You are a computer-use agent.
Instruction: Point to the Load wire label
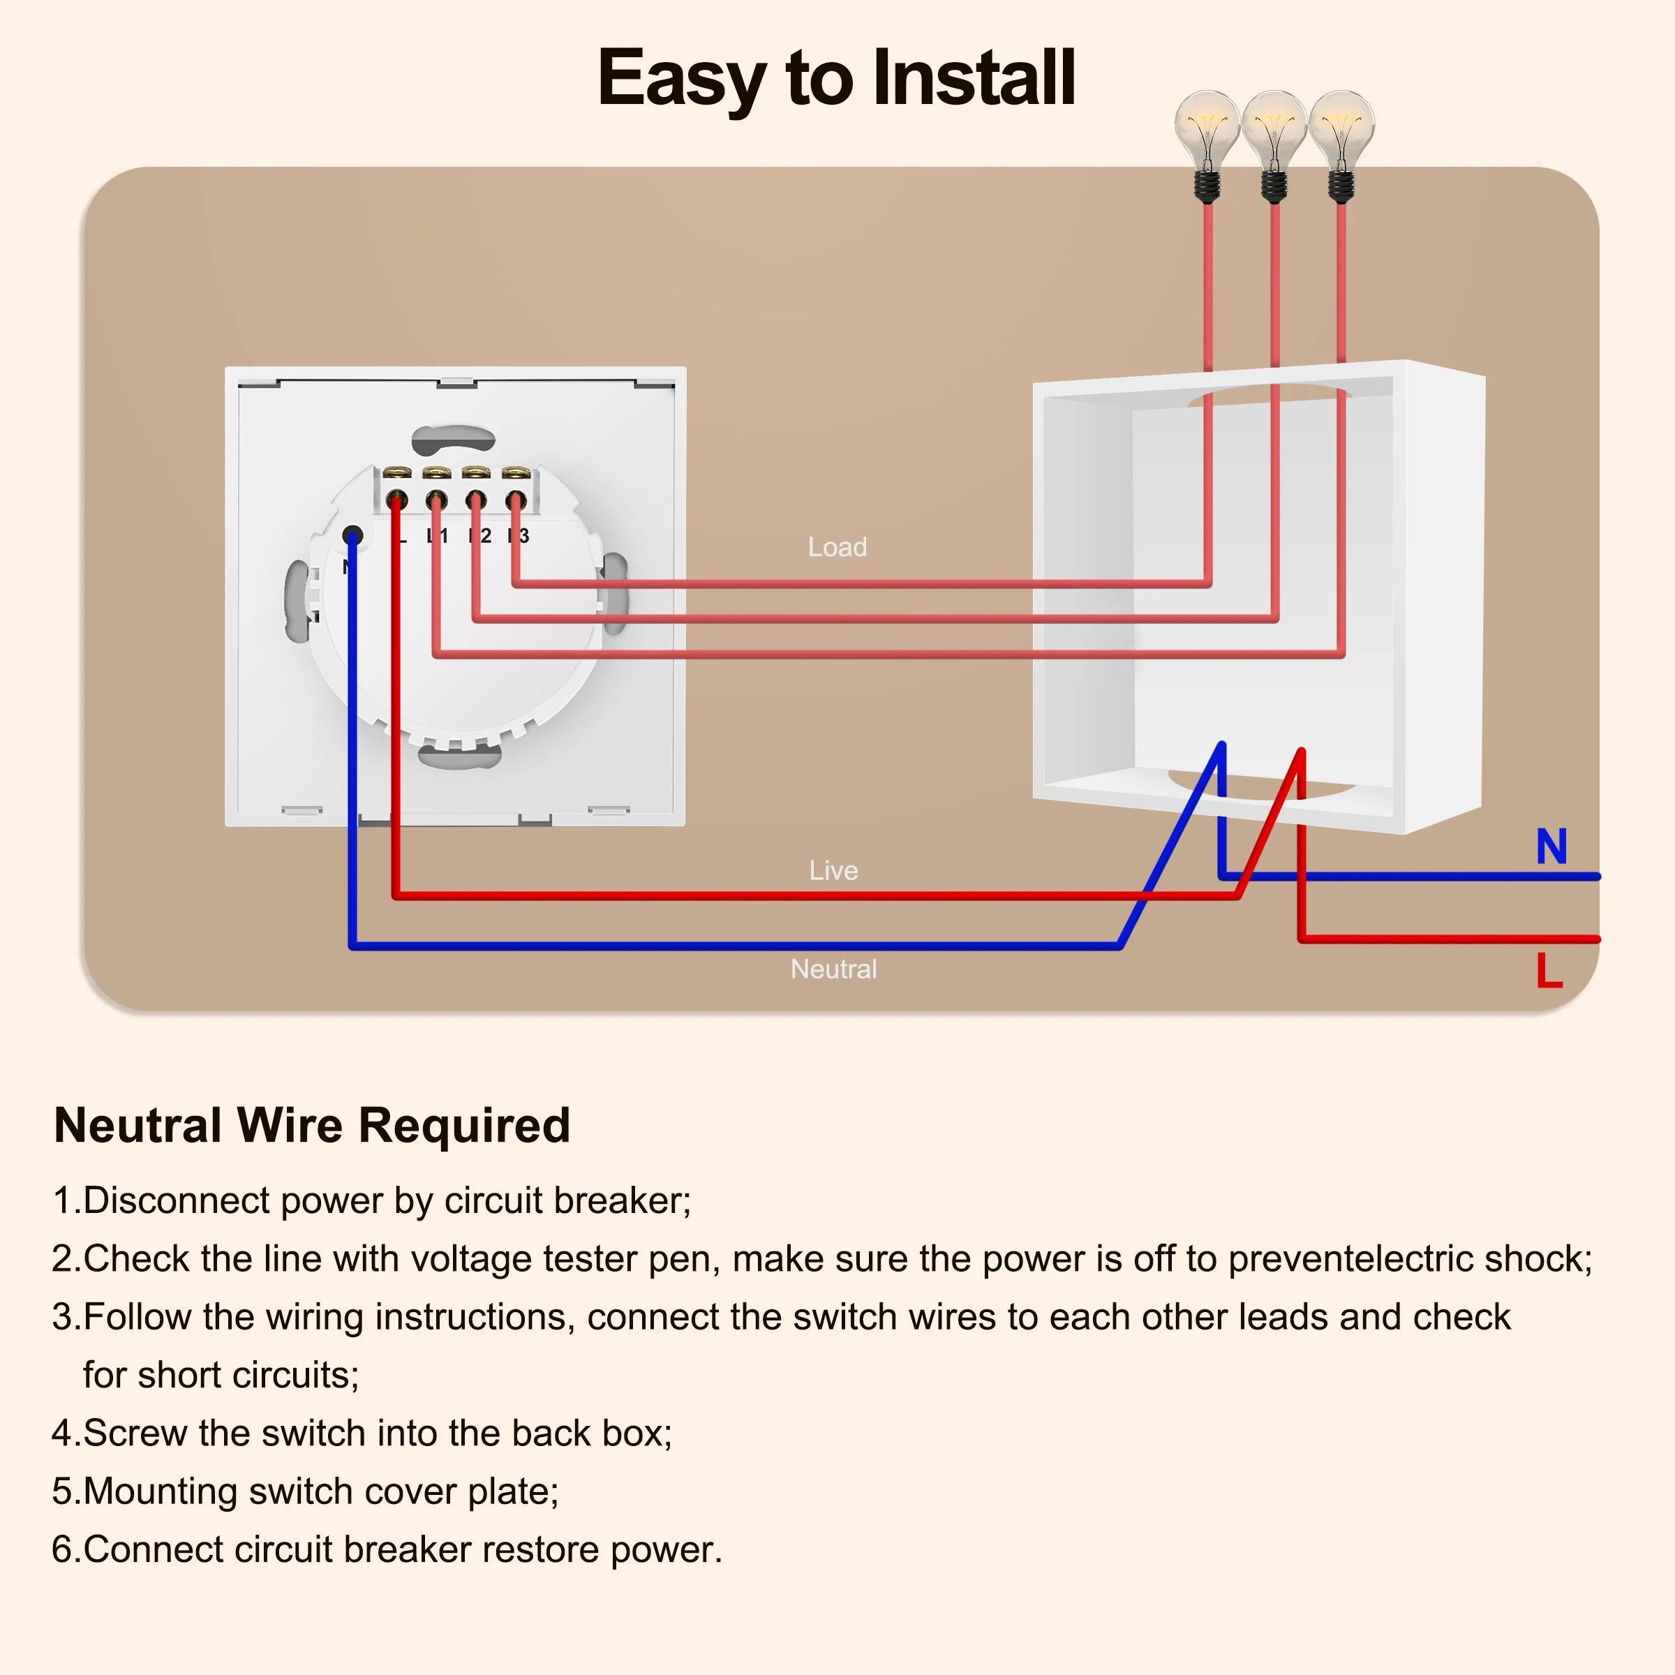(x=837, y=547)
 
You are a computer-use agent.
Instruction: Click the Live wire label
(x=833, y=870)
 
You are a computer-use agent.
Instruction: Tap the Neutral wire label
(x=833, y=969)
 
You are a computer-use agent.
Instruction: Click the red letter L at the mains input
(x=1549, y=970)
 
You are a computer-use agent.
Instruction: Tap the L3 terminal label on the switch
(x=519, y=536)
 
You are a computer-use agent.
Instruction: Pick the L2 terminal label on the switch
(x=480, y=536)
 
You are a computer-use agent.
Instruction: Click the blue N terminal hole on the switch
(x=352, y=535)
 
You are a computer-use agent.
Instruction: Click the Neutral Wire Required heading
(x=312, y=1125)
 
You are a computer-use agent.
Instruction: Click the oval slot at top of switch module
(x=452, y=439)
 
